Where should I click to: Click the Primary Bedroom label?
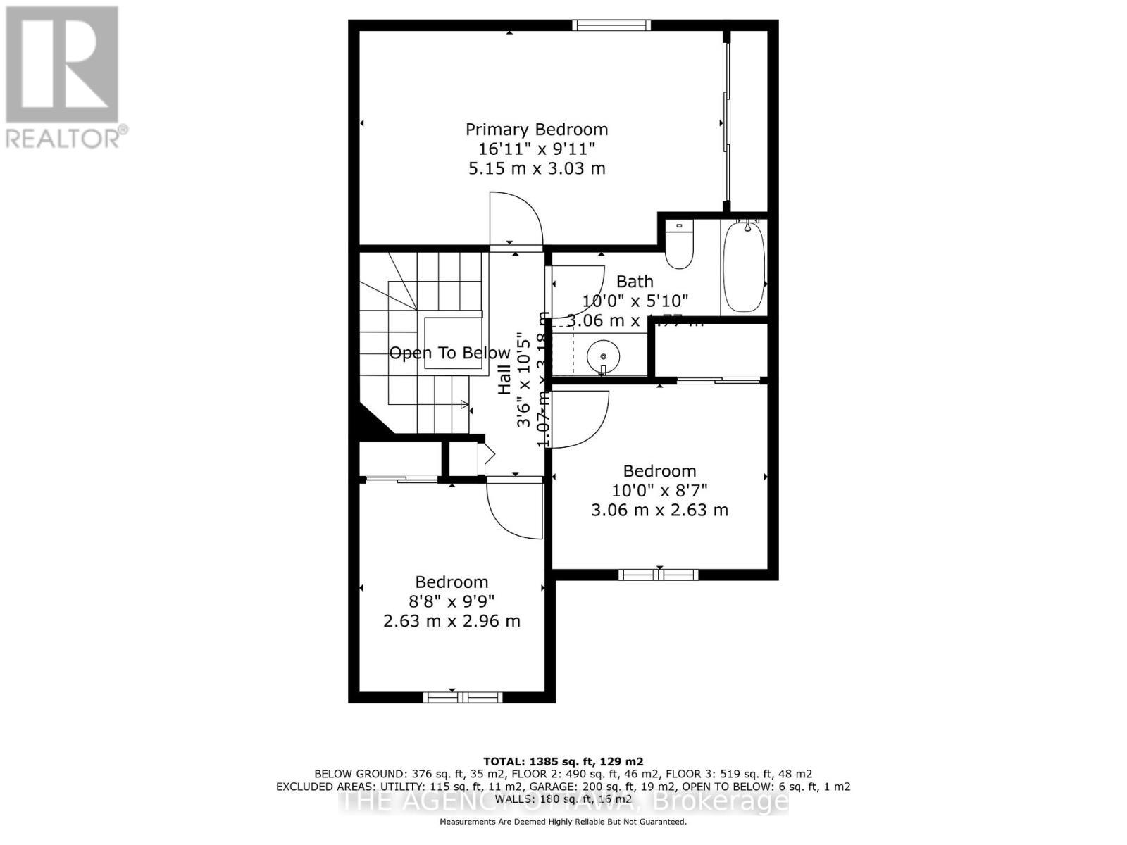coord(536,130)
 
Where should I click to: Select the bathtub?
coord(744,266)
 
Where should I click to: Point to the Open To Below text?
coord(449,353)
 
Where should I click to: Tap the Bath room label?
coord(635,282)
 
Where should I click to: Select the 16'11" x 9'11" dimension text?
coord(536,149)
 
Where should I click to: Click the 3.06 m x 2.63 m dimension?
coord(659,510)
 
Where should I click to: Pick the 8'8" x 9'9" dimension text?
coord(452,601)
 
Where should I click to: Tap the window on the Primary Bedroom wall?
coord(611,26)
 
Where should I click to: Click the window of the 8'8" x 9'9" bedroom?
coord(462,697)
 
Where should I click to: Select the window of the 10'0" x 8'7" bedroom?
coord(659,575)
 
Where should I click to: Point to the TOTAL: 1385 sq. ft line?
coord(563,761)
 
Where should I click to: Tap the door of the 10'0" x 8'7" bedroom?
coord(579,418)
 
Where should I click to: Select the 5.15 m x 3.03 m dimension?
coord(536,168)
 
